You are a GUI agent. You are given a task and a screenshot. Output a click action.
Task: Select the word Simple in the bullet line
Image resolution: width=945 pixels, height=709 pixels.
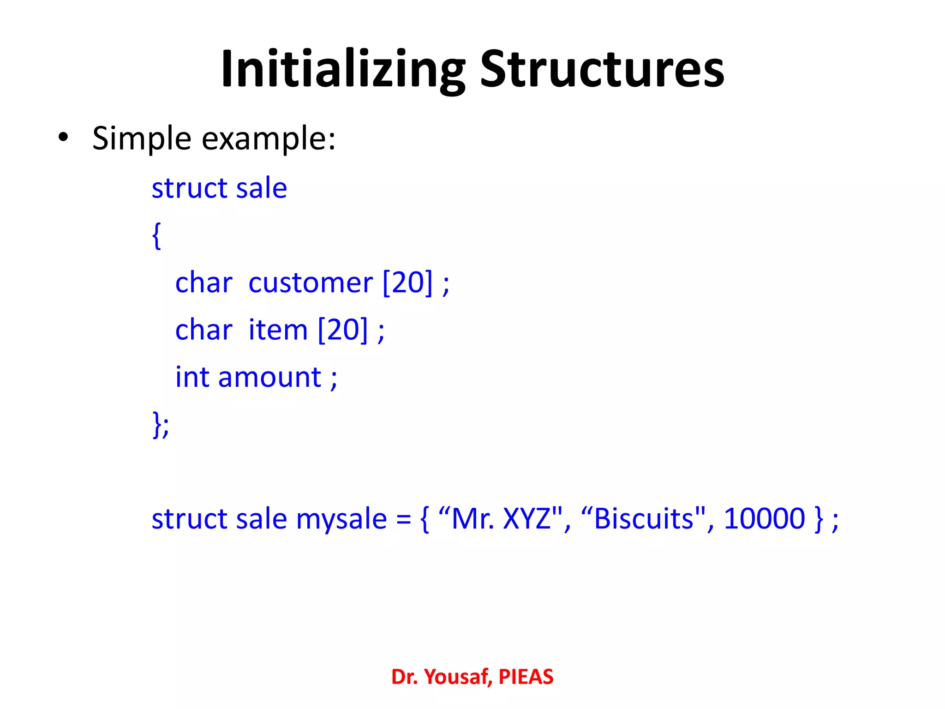point(142,138)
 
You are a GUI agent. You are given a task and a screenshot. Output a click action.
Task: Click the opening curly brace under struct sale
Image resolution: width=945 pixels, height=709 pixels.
point(157,235)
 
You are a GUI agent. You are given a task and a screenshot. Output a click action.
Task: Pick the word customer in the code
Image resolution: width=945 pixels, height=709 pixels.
point(310,282)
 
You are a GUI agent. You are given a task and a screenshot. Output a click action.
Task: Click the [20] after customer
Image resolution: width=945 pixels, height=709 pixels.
point(408,282)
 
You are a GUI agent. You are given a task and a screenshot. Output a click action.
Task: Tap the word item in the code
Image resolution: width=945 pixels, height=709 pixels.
point(278,330)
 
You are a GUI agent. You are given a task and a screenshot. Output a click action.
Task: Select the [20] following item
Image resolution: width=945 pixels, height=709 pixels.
point(343,330)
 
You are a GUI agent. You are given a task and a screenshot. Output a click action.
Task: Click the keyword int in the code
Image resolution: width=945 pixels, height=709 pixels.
point(192,377)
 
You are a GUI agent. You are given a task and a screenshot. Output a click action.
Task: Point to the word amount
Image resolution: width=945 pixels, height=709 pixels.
point(269,377)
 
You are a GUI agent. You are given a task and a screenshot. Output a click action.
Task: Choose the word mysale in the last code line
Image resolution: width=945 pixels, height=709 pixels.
point(341,519)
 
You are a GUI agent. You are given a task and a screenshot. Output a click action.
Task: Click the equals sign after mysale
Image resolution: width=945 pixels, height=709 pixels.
point(403,519)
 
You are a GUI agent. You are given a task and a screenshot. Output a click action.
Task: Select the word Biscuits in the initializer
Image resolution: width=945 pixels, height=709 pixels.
point(644,519)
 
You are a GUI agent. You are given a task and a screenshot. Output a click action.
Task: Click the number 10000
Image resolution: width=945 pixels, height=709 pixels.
point(765,519)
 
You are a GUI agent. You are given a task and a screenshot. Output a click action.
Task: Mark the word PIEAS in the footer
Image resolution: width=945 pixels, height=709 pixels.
point(526,677)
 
